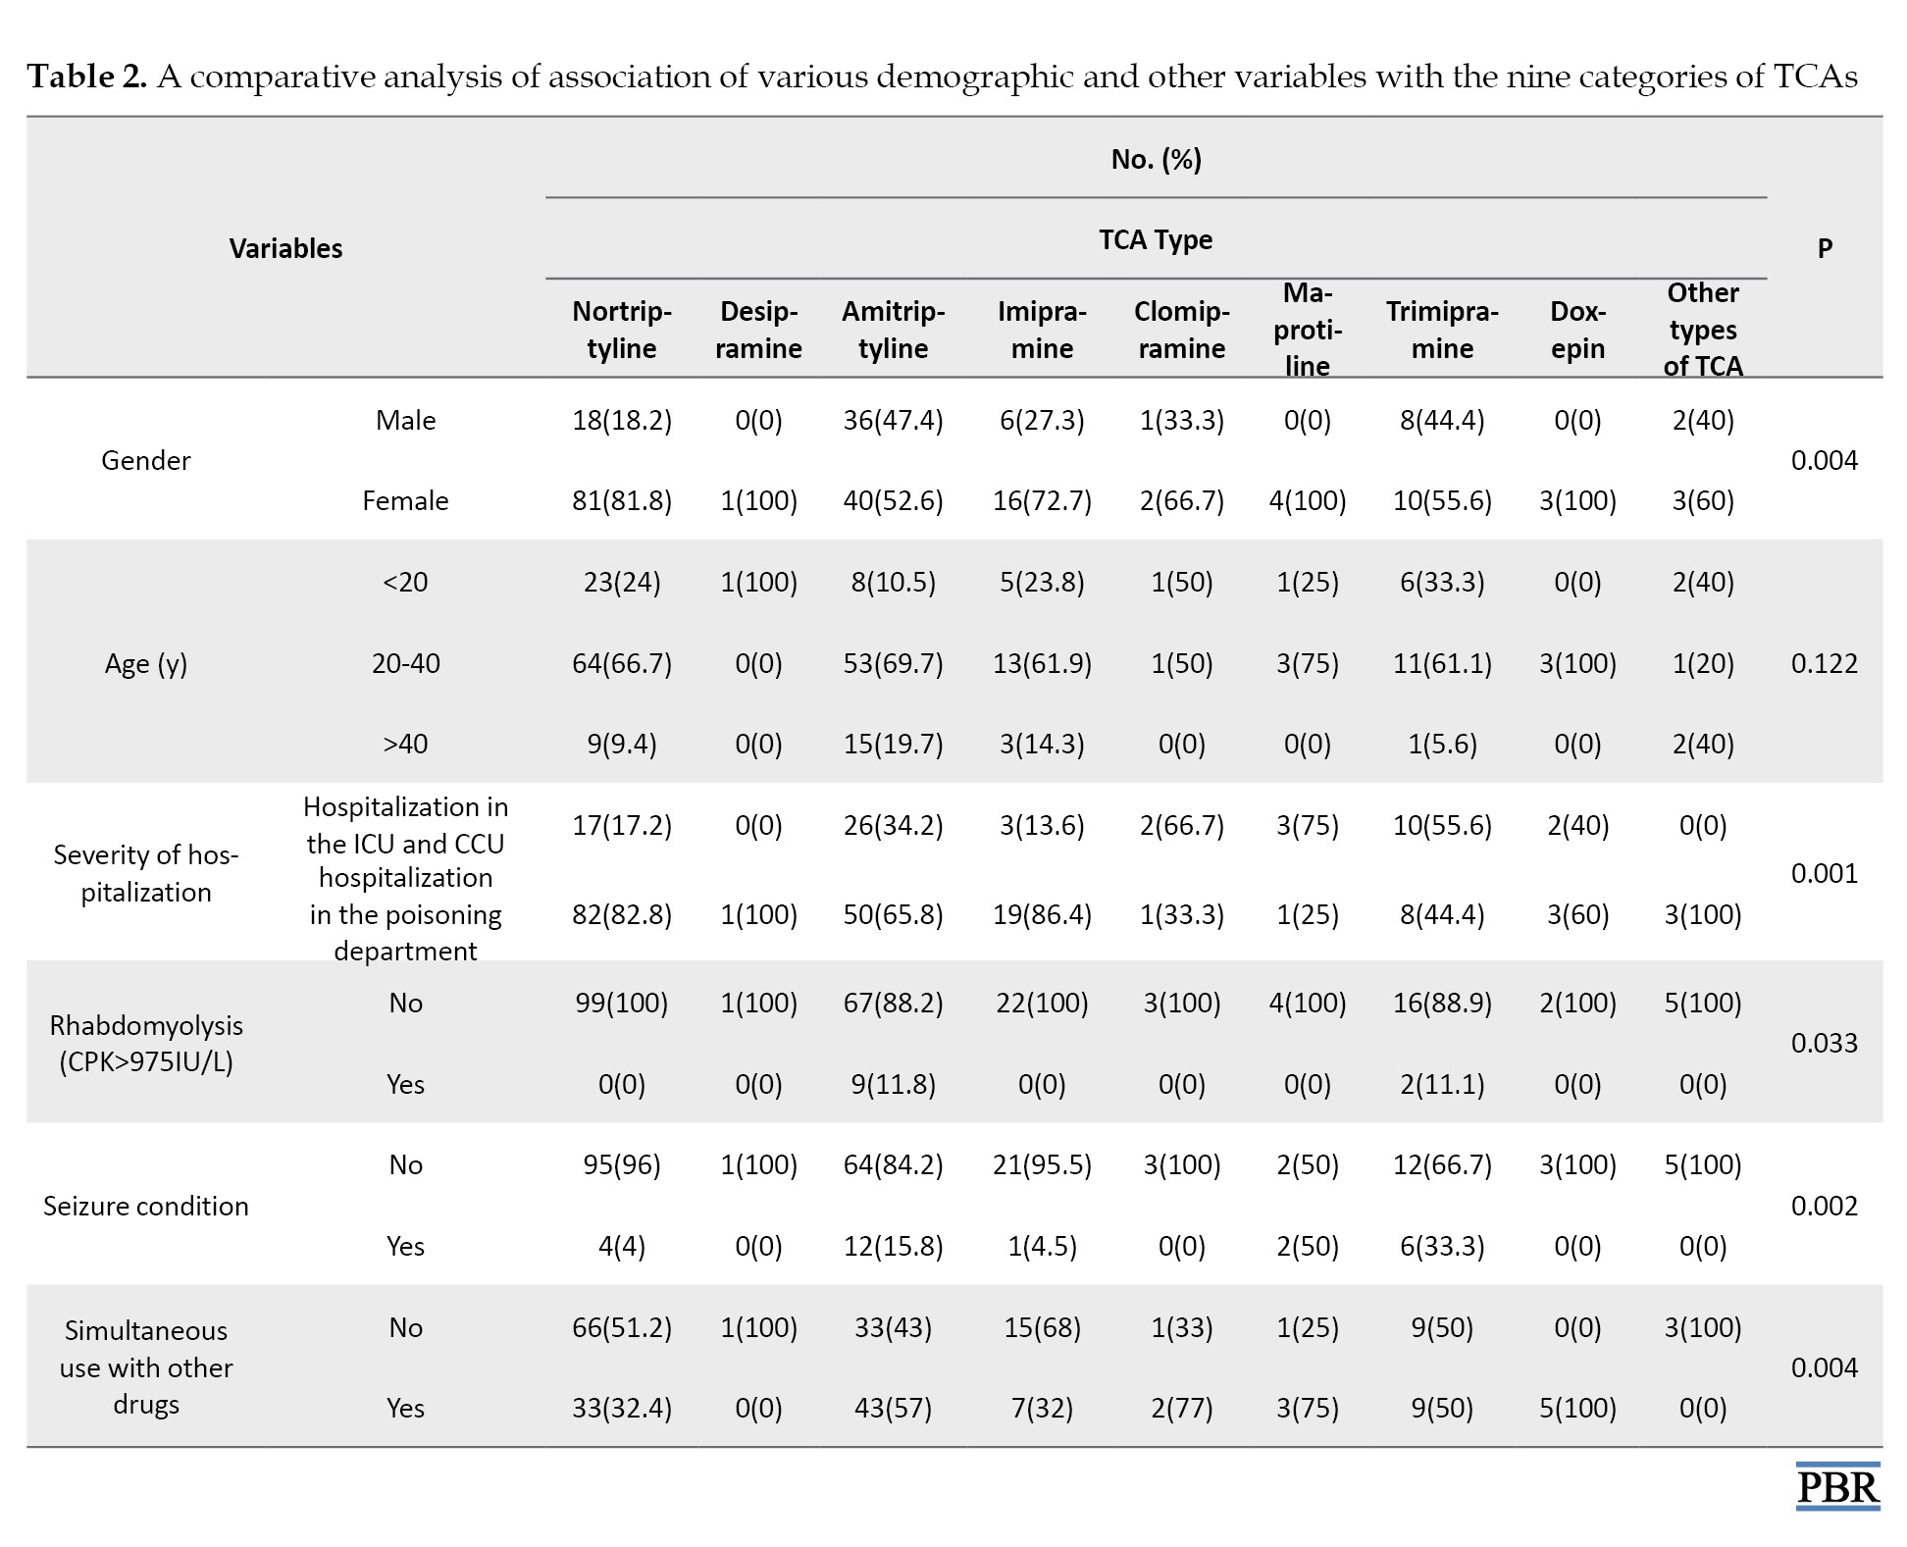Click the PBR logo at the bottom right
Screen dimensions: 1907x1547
(1837, 1485)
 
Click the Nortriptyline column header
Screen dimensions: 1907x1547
(622, 330)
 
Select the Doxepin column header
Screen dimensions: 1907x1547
(1577, 330)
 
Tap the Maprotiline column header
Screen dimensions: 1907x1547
(1307, 330)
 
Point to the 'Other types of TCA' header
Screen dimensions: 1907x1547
(1703, 330)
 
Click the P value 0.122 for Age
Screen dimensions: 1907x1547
(1825, 663)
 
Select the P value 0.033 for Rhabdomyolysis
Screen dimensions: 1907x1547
(1825, 1042)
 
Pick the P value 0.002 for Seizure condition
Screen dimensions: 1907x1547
(1825, 1205)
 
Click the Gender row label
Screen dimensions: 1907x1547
(146, 460)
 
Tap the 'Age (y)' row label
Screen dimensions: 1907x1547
(146, 664)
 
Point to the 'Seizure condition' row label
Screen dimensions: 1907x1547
(146, 1206)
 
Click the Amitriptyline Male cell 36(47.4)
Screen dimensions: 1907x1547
(893, 420)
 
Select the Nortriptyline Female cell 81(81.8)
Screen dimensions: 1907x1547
(622, 500)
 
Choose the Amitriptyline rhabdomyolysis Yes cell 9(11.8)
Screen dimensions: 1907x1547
(893, 1084)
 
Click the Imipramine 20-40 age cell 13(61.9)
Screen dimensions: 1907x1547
(1042, 663)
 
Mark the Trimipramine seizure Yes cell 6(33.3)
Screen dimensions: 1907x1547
(1442, 1246)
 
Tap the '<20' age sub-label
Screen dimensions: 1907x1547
(405, 582)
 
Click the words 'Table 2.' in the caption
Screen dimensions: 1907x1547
(87, 76)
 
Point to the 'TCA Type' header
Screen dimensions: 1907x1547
(1156, 240)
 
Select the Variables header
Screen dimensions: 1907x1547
(285, 248)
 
